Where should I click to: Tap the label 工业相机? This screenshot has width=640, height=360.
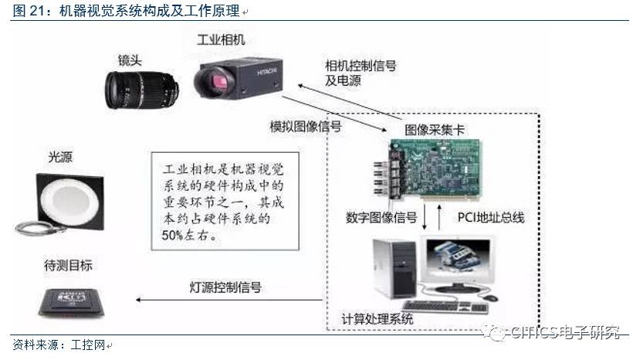pyautogui.click(x=221, y=39)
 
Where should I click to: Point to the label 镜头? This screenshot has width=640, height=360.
pyautogui.click(x=130, y=59)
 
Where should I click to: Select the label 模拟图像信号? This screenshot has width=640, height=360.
pyautogui.click(x=306, y=125)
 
